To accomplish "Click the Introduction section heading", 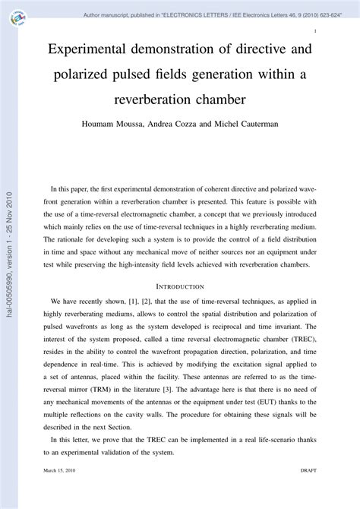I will (179, 287).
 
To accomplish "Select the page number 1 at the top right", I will (314, 32).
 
